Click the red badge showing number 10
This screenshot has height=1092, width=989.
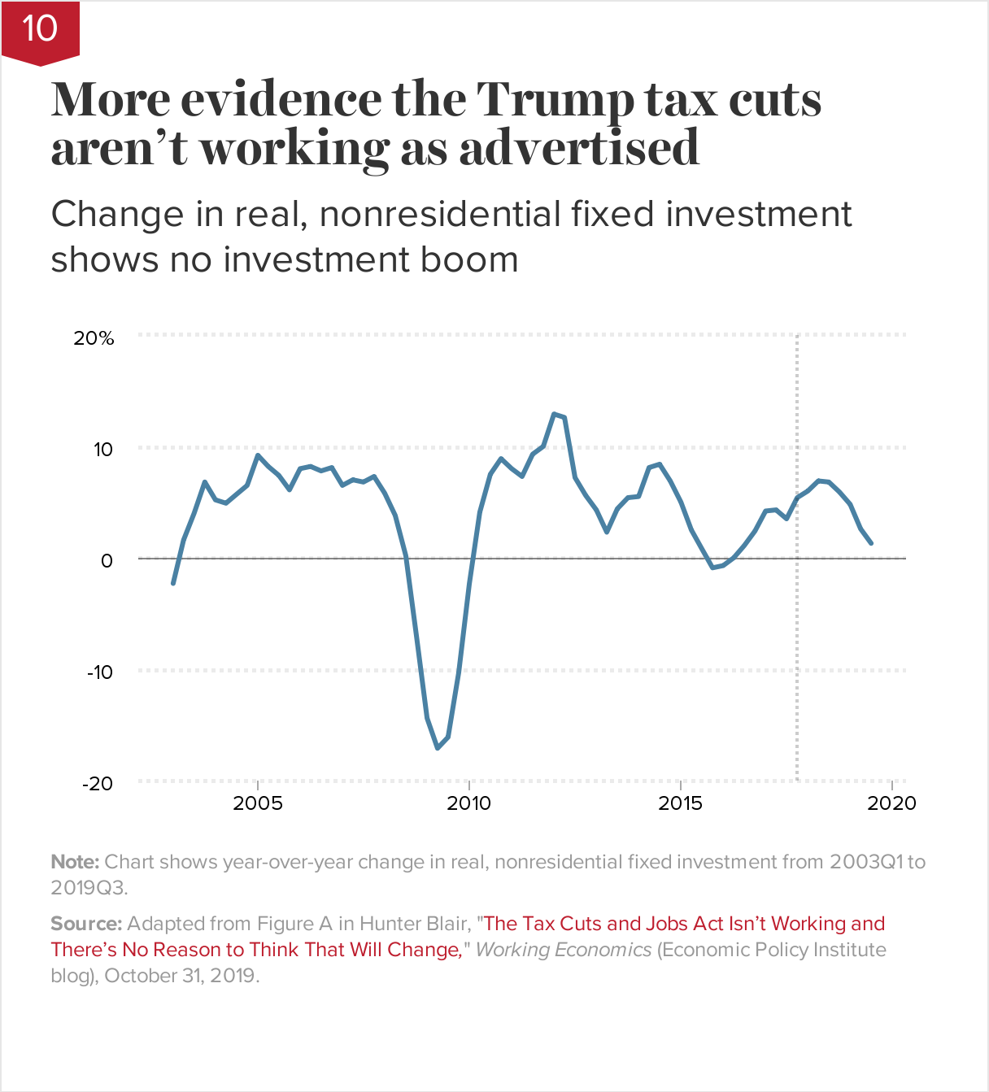(x=40, y=30)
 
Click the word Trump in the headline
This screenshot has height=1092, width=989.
(x=555, y=101)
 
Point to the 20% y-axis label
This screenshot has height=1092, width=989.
(x=94, y=338)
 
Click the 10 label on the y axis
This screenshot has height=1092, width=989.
(x=102, y=450)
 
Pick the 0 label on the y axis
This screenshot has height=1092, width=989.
(x=107, y=561)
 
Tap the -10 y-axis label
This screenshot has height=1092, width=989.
(x=98, y=672)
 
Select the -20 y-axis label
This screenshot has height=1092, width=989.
(x=98, y=784)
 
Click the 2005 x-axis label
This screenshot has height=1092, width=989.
(x=258, y=803)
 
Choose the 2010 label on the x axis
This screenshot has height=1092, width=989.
(x=469, y=803)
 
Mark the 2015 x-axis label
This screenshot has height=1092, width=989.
(x=681, y=803)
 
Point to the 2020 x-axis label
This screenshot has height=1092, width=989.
(x=891, y=803)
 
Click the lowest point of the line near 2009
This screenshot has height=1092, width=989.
(x=438, y=747)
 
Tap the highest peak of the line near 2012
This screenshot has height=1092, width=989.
(x=554, y=414)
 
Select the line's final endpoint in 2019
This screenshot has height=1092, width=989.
(x=871, y=542)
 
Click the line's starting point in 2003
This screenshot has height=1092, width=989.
(x=173, y=583)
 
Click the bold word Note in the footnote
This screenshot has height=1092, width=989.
(x=74, y=862)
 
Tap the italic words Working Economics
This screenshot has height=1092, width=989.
(x=563, y=950)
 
